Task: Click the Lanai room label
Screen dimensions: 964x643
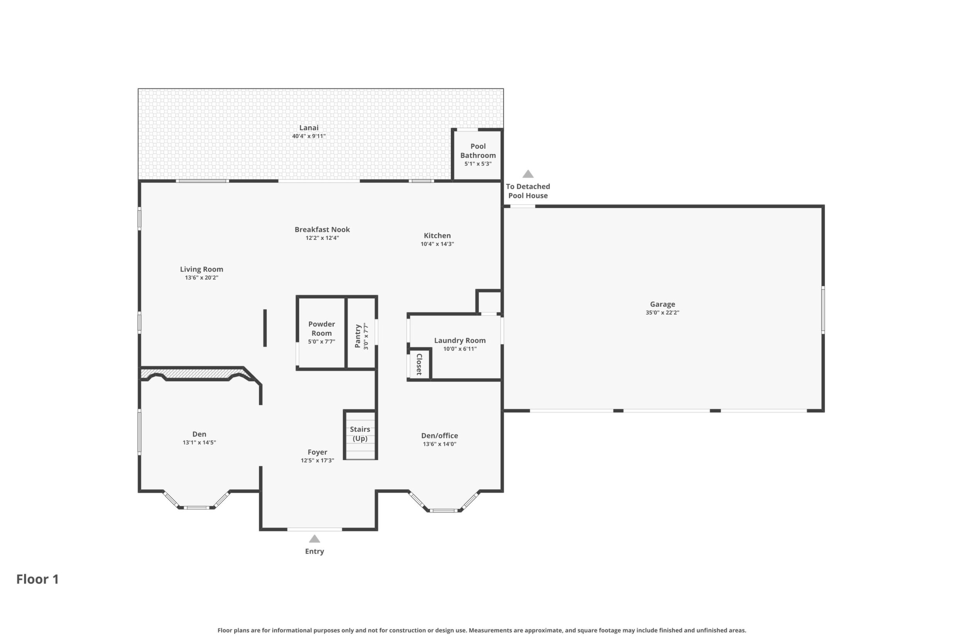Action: coord(309,128)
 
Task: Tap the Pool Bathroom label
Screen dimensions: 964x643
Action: coord(478,150)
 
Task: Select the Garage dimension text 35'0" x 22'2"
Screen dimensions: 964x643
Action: coord(662,313)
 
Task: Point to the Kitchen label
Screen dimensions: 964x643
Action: coord(437,235)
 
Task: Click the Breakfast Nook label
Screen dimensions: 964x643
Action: coord(322,229)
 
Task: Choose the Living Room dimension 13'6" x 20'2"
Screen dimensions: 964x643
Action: coord(201,277)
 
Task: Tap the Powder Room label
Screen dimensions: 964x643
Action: coord(321,328)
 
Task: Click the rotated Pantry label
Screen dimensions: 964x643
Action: coord(358,336)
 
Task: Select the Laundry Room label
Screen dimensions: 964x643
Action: coord(460,340)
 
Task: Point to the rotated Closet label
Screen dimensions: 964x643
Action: coord(419,364)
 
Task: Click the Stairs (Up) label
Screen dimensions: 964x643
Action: coord(360,434)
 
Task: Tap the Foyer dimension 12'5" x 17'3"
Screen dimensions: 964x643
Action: coord(317,461)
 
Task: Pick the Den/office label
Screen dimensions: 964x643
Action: coord(440,435)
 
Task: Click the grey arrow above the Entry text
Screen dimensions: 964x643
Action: coord(314,539)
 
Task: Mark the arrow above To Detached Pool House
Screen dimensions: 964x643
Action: coord(528,174)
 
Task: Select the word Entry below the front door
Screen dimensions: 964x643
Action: coord(314,551)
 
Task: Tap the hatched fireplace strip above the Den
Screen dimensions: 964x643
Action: coord(193,374)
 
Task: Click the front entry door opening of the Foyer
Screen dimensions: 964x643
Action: coord(314,529)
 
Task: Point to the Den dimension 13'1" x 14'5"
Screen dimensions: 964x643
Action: coord(199,442)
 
